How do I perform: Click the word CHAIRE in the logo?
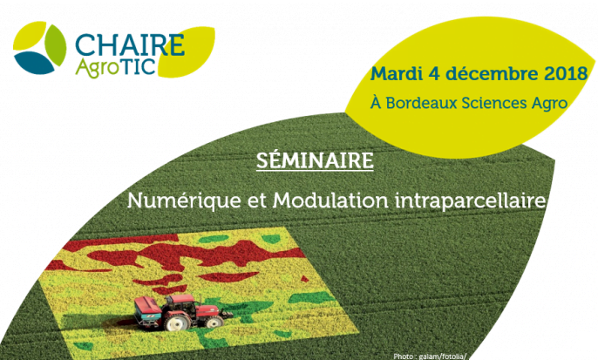[130, 45]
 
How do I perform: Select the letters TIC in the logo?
[137, 66]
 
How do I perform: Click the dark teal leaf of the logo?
[33, 63]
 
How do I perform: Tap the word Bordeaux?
[421, 103]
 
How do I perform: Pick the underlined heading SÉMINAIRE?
[315, 160]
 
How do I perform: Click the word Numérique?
[184, 200]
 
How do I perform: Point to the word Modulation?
[330, 200]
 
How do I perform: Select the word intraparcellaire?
[470, 201]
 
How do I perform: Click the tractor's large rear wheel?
[177, 322]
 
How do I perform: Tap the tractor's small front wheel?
[214, 321]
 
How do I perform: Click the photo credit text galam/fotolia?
[443, 357]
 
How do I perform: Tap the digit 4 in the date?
[434, 73]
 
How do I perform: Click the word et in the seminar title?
[256, 201]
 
